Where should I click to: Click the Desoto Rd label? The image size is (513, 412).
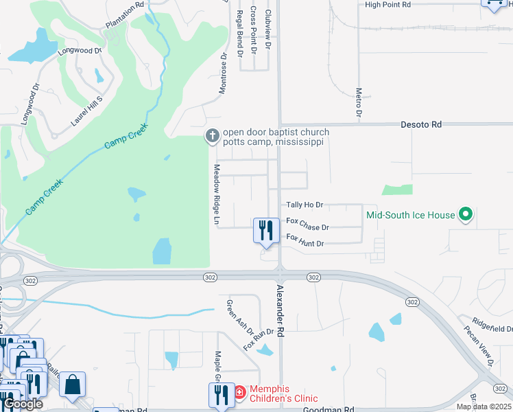(x=422, y=125)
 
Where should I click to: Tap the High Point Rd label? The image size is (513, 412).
(x=387, y=5)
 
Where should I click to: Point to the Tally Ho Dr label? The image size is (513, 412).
(x=305, y=205)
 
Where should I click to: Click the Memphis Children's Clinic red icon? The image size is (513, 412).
(x=240, y=393)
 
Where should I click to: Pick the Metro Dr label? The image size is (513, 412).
(x=359, y=102)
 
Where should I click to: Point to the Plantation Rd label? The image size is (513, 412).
(x=125, y=14)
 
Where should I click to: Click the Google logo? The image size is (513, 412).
(x=23, y=404)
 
